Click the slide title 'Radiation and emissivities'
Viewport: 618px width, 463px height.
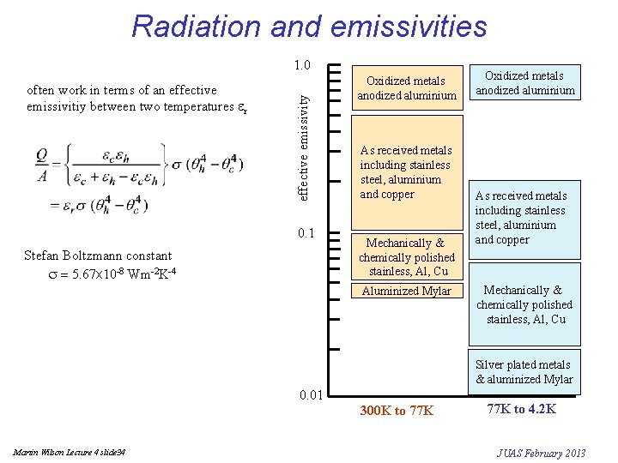pyautogui.click(x=309, y=27)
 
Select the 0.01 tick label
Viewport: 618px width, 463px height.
pyautogui.click(x=310, y=395)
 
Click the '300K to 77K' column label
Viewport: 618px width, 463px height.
pyautogui.click(x=397, y=411)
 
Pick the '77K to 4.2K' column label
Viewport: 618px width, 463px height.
pyautogui.click(x=521, y=409)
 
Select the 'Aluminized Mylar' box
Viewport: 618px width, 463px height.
pyautogui.click(x=406, y=291)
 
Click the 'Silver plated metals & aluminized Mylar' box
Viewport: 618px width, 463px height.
pyautogui.click(x=524, y=372)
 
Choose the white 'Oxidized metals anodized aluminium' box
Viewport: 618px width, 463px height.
pyautogui.click(x=406, y=88)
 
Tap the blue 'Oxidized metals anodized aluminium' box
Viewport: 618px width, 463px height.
pyautogui.click(x=525, y=83)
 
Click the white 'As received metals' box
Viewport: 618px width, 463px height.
pyautogui.click(x=406, y=172)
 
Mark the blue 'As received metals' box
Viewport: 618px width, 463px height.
pyautogui.click(x=525, y=218)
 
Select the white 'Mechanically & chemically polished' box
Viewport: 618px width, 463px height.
pyautogui.click(x=406, y=256)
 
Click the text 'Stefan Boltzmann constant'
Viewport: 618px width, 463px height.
pyautogui.click(x=98, y=256)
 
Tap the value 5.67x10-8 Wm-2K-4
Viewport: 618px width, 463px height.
pyautogui.click(x=101, y=273)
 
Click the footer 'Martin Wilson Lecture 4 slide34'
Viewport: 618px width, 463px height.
pyautogui.click(x=70, y=452)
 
